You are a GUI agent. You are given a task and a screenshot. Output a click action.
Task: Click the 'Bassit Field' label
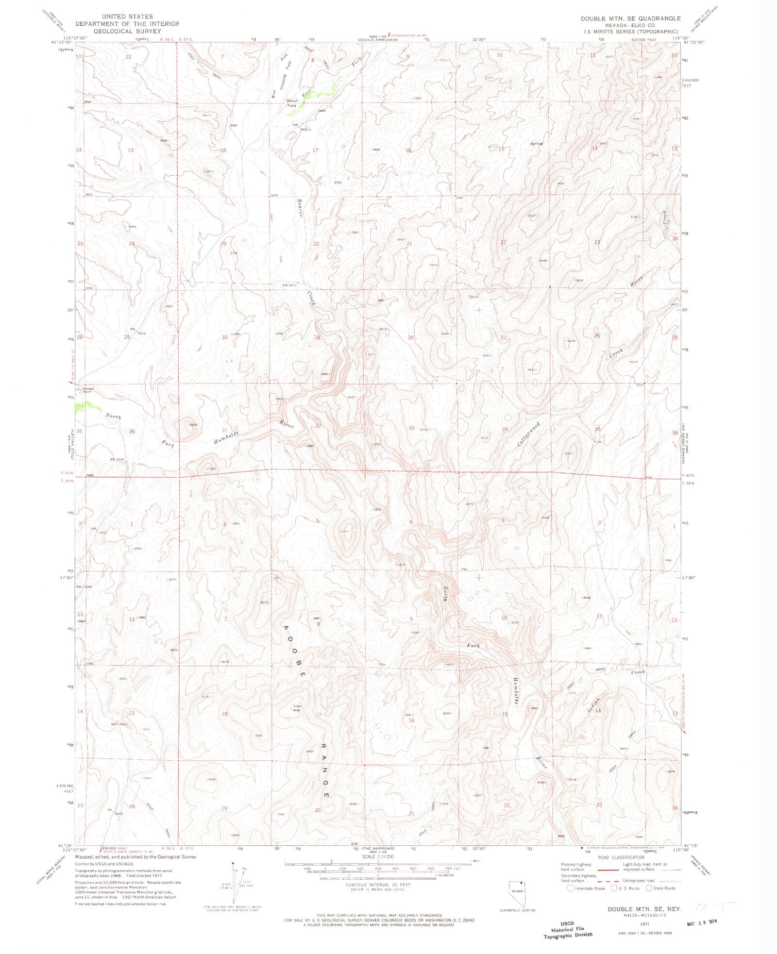(292, 103)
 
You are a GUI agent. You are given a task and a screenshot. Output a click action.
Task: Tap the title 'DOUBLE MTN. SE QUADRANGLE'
(630, 18)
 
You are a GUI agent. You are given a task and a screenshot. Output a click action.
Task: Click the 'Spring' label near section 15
(536, 144)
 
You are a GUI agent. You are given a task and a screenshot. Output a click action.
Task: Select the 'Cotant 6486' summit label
(297, 708)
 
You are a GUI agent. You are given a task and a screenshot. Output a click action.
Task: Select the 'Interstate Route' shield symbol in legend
(571, 888)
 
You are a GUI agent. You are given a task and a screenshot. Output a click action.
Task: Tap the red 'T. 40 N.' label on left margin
(68, 473)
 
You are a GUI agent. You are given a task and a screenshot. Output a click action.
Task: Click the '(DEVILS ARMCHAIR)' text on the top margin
(378, 40)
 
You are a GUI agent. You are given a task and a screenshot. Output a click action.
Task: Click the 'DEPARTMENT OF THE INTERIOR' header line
(127, 23)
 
